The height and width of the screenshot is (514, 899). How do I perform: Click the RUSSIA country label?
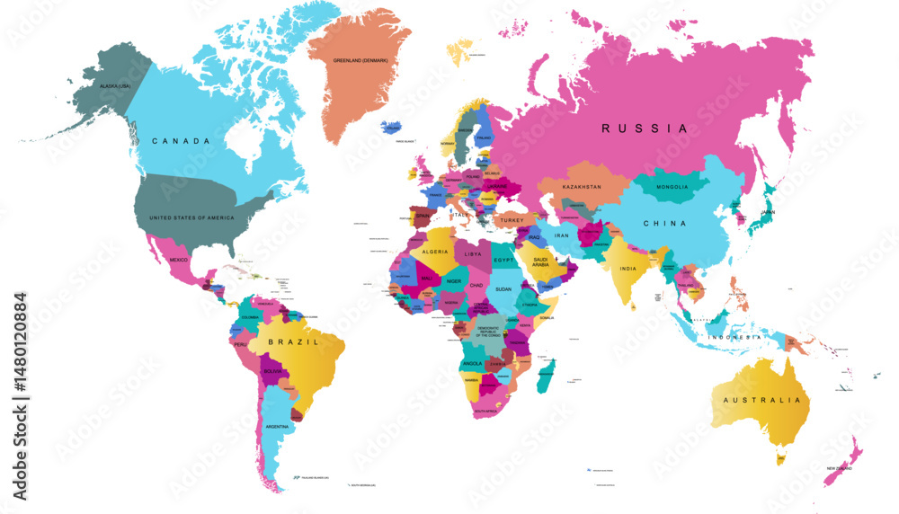tap(645, 128)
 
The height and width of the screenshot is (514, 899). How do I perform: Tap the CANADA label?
tap(181, 141)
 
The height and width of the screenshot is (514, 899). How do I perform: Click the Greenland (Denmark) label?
tap(360, 60)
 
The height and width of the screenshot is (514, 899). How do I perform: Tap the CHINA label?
tap(664, 223)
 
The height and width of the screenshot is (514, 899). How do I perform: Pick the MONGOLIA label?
tap(672, 187)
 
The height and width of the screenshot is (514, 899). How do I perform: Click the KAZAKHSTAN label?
tap(581, 187)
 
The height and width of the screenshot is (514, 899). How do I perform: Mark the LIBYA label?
tap(473, 254)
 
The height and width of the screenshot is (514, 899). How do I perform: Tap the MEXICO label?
tap(179, 260)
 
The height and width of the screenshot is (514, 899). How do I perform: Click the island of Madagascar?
tap(545, 373)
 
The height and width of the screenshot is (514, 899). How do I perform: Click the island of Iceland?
tap(392, 128)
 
